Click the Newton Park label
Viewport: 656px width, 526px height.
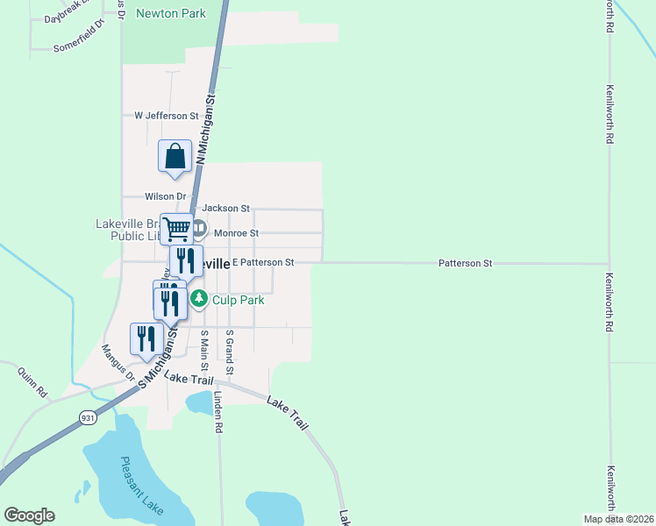[170, 13]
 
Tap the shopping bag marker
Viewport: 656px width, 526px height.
[175, 157]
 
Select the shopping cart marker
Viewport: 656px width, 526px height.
[177, 230]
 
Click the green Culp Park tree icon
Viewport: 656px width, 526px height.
[199, 300]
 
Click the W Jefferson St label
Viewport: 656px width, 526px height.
[167, 116]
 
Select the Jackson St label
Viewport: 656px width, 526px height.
[226, 208]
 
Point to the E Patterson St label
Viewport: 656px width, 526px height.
[262, 262]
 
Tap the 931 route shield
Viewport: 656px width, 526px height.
[87, 417]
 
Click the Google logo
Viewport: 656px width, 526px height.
[29, 515]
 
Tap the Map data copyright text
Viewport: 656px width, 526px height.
[618, 519]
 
